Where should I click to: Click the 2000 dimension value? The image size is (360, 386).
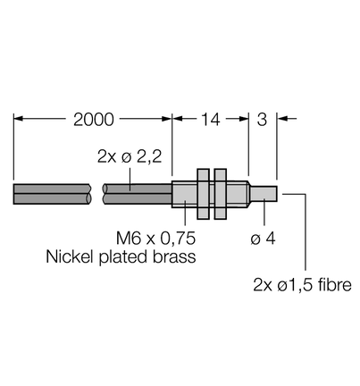point(94,120)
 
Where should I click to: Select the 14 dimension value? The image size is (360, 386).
point(211,120)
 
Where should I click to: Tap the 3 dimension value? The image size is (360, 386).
point(262,120)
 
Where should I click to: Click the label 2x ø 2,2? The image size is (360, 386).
point(130,156)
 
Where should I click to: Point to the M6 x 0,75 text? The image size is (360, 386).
point(155,238)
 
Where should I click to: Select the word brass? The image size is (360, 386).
point(174,256)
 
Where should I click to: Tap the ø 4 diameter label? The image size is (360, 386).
point(263,239)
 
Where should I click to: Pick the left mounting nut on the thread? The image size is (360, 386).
point(204,194)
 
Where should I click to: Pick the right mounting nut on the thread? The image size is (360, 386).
point(221,194)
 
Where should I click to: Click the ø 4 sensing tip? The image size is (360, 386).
point(264,194)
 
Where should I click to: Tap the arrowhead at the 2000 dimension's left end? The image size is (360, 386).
point(18,119)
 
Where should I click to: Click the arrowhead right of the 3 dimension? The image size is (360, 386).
point(282,119)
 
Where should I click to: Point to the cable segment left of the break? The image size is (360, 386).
point(52,194)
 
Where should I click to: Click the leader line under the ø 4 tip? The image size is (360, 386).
point(264,212)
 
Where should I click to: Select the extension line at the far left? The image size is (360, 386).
point(13,147)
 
